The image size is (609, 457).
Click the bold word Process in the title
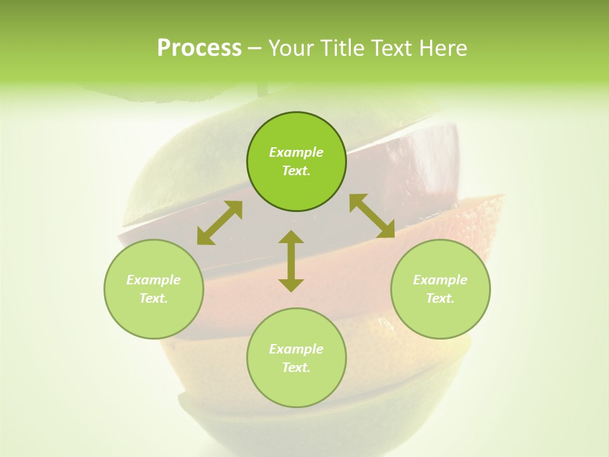pos(199,48)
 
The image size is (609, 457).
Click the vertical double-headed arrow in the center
pos(291,261)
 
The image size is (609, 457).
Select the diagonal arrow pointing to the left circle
pos(219,223)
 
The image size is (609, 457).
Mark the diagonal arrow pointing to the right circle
pos(372,216)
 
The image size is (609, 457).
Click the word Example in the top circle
pos(296,152)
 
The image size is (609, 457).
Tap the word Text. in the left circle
pos(154,298)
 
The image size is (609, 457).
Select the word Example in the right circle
pos(440,280)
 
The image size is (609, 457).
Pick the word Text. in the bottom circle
pos(296,368)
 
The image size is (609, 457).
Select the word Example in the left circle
pos(154,280)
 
